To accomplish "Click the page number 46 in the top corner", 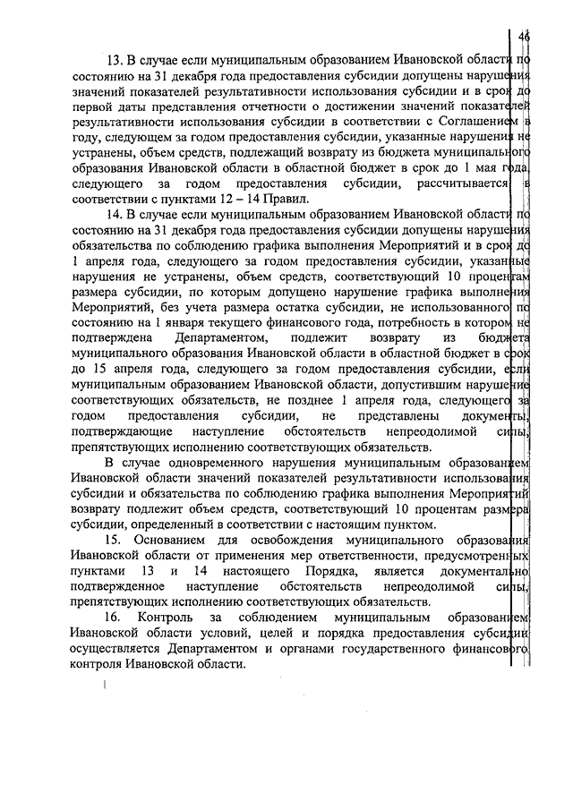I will [525, 37].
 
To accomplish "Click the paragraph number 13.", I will [114, 61].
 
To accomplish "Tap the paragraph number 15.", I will [114, 541].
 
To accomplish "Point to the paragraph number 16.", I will [114, 618].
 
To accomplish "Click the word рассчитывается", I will [449, 183].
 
